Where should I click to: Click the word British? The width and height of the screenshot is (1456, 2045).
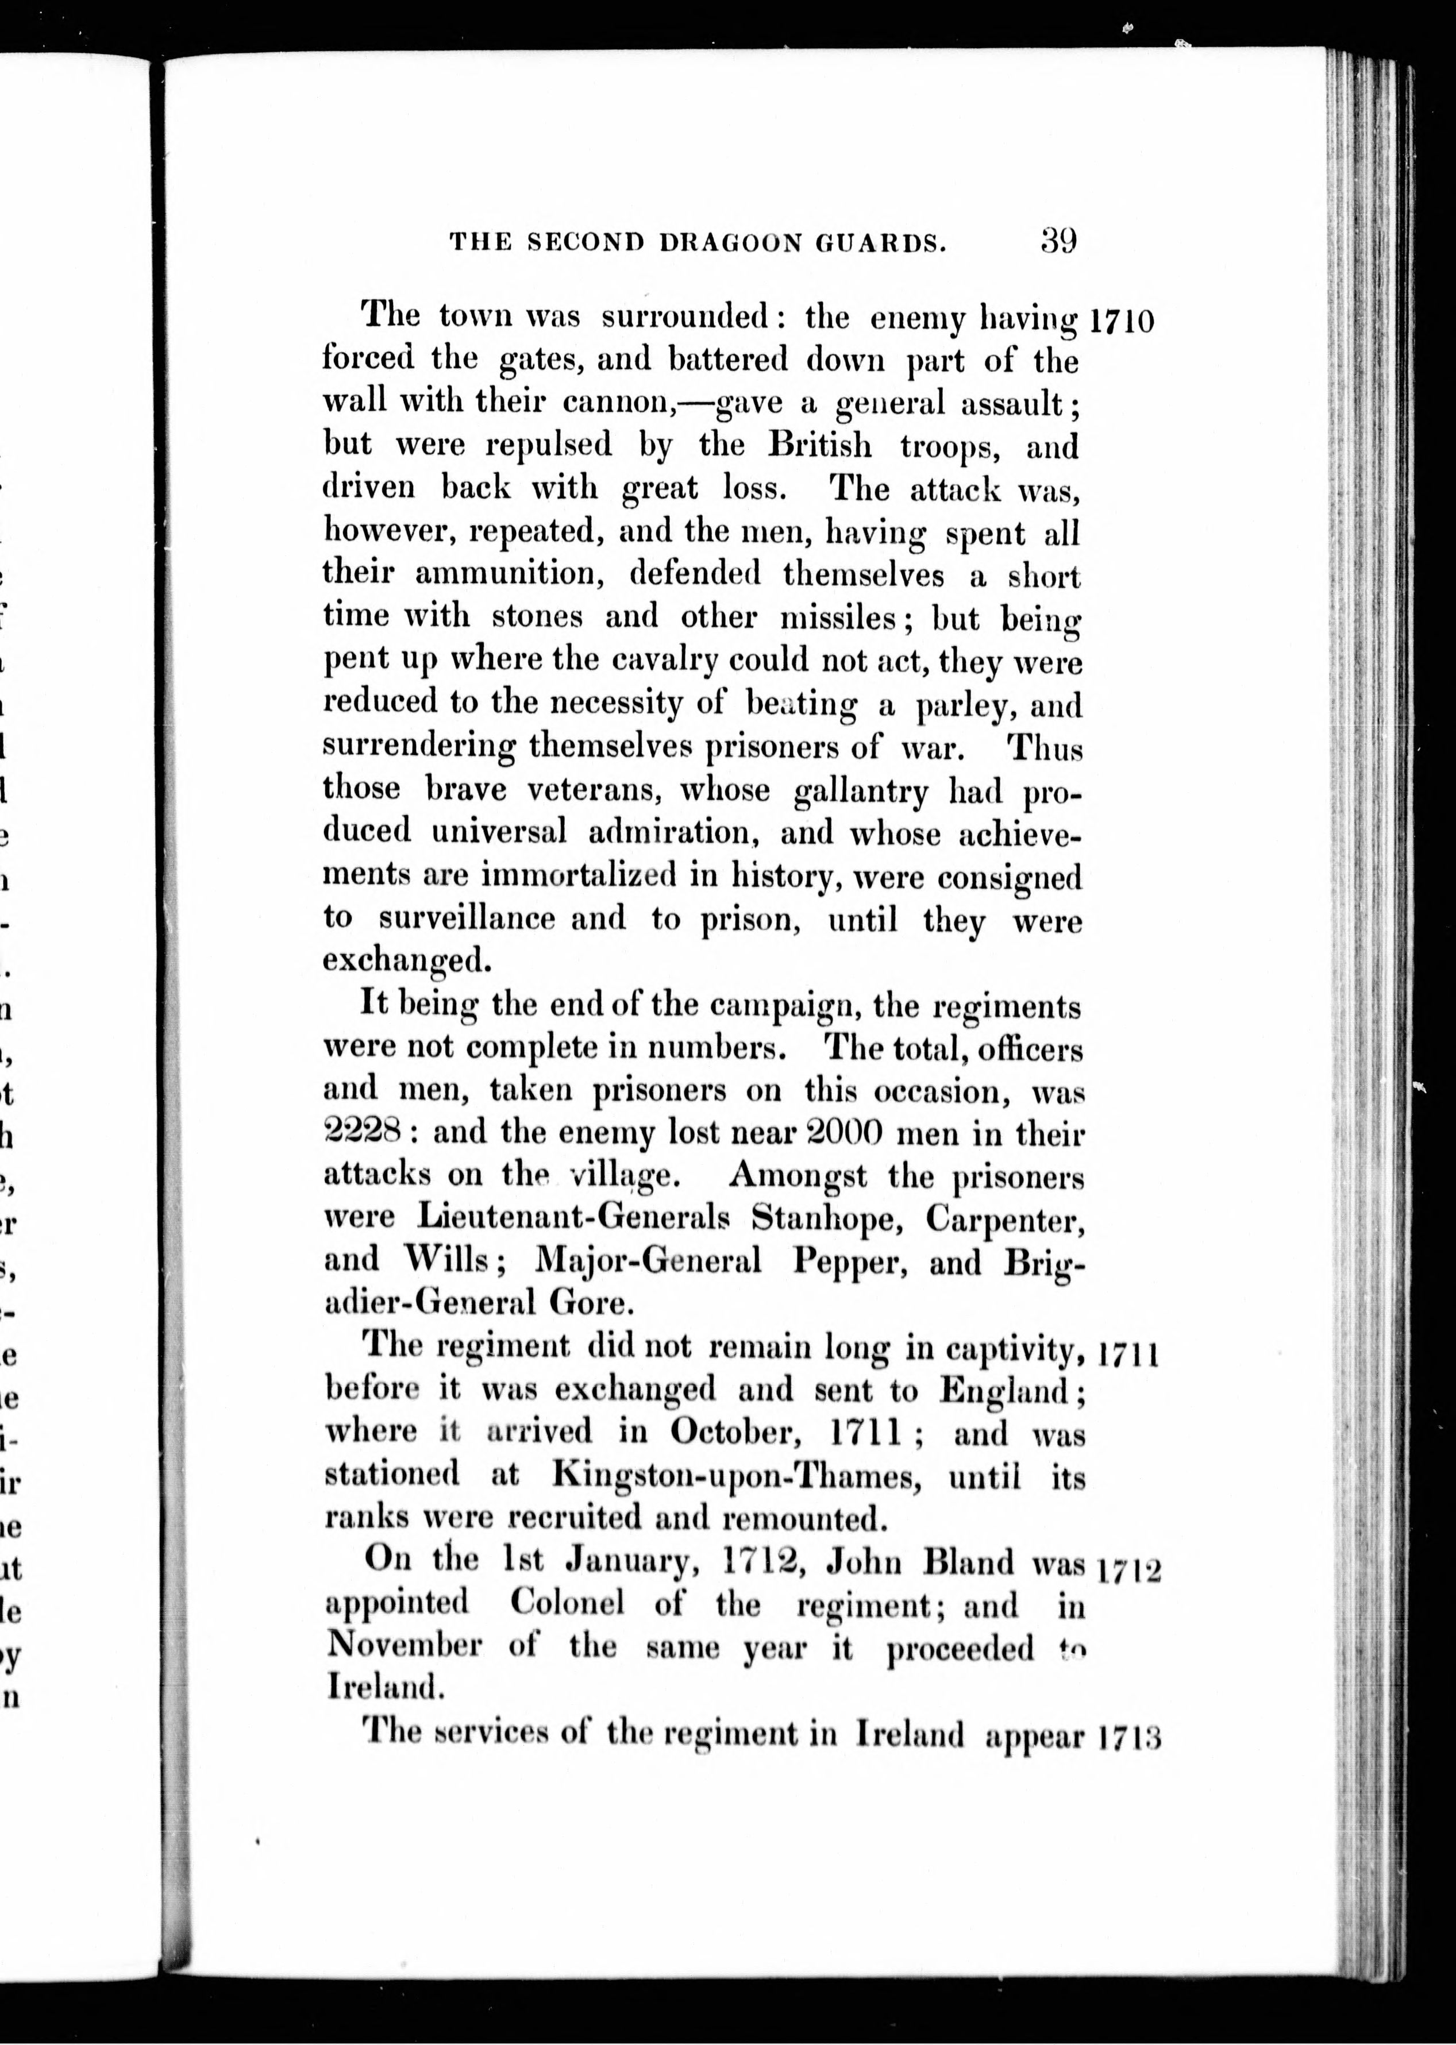pyautogui.click(x=819, y=445)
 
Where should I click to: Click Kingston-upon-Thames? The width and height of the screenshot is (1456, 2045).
pyautogui.click(x=737, y=1474)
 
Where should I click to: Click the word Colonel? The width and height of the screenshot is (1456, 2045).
pyautogui.click(x=567, y=1603)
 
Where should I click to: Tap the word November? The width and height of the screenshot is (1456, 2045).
pyautogui.click(x=403, y=1646)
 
